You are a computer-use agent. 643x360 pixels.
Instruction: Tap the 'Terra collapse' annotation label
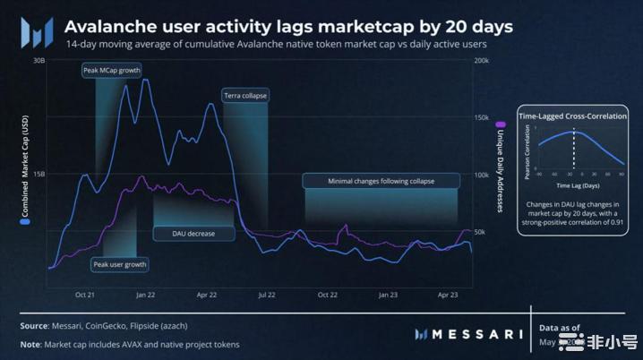pos(244,95)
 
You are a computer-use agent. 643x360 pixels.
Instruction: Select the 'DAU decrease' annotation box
pos(193,233)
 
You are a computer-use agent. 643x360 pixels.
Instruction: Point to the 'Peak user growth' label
pos(120,264)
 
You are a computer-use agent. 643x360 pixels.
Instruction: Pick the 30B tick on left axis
pos(39,61)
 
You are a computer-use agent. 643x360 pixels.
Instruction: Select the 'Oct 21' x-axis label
pos(86,294)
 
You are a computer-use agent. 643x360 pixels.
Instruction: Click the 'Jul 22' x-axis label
pos(266,294)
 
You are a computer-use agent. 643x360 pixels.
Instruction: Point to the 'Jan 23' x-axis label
pos(388,294)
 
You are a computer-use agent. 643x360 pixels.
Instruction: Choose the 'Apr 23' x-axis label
pos(448,294)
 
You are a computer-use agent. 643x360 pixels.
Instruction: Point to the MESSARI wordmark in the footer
pos(469,334)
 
